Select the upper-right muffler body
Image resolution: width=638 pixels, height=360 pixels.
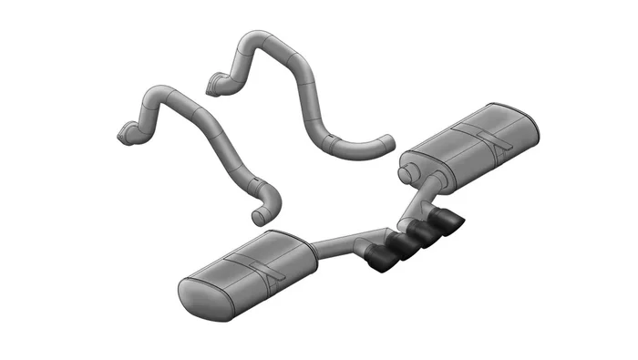tap(469, 146)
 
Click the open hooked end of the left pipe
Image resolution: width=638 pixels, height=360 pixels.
tap(258, 214)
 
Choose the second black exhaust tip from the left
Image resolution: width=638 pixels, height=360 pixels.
tap(399, 247)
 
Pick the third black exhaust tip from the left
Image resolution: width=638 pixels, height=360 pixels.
tap(422, 234)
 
